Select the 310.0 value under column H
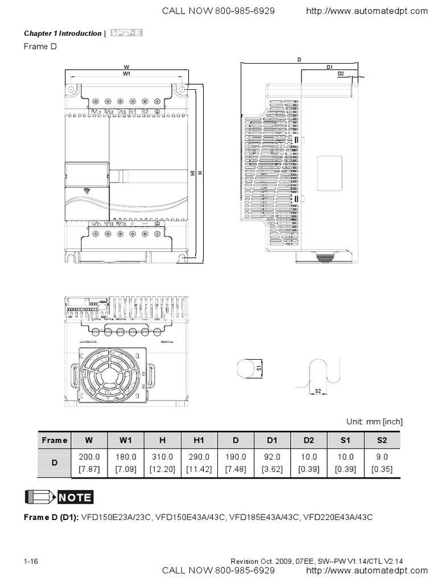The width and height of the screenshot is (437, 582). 162,456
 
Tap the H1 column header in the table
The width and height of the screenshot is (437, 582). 199,440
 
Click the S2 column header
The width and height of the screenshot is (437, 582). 382,440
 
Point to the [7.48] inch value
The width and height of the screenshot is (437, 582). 236,469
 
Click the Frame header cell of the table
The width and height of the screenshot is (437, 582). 55,440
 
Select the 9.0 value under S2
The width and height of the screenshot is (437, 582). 382,456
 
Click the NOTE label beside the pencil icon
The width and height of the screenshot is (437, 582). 75,497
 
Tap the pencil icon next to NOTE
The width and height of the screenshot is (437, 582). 39,497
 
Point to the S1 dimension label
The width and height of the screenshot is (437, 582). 259,368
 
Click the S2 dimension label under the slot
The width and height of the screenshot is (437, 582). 318,391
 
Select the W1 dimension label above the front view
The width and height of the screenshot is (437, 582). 126,74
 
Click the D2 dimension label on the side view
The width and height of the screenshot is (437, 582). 340,73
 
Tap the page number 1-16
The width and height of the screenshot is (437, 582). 31,562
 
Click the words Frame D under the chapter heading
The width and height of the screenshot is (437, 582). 40,46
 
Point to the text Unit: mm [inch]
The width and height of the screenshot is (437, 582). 374,421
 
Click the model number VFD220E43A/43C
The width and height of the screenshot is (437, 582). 338,517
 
